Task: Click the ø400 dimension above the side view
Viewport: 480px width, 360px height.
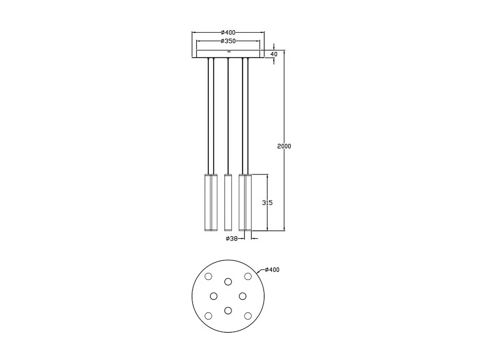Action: [x=228, y=32]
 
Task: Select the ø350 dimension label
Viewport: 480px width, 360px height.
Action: [x=228, y=41]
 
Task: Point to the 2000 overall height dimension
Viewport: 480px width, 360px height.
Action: [x=284, y=146]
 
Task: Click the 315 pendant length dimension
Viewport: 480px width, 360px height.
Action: [x=267, y=203]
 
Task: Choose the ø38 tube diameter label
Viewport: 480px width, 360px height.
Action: [x=232, y=238]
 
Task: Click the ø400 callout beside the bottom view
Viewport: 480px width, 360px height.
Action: [x=272, y=269]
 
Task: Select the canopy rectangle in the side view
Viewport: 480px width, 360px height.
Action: [x=228, y=53]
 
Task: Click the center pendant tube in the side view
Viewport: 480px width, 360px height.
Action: [x=228, y=203]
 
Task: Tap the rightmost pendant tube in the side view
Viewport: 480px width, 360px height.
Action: [x=248, y=203]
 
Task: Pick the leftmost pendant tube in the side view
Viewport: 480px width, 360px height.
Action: [x=208, y=203]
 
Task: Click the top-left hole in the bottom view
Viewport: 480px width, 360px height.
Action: [x=208, y=276]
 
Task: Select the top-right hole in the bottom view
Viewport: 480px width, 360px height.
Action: [x=248, y=276]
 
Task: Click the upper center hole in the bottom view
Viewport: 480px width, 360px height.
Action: [x=228, y=282]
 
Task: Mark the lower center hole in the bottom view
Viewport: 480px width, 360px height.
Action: [x=228, y=310]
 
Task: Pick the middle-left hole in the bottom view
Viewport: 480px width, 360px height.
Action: [x=214, y=296]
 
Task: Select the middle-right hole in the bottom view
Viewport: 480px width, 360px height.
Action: [x=242, y=296]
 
